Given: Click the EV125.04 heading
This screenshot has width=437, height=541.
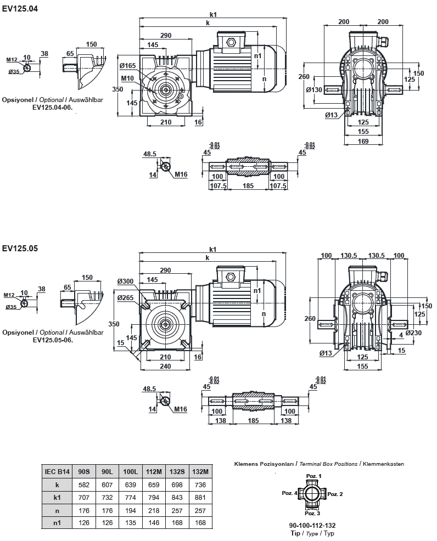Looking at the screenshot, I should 20,9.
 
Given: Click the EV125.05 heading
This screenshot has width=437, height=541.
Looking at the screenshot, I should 20,248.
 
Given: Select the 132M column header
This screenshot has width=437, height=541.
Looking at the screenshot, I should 201,471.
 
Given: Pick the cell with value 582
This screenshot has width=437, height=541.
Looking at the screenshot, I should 85,484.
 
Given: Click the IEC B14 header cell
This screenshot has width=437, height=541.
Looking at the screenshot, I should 57,471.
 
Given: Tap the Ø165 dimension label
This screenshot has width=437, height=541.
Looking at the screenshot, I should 127,66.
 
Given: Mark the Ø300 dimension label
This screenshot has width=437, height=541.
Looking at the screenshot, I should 125,281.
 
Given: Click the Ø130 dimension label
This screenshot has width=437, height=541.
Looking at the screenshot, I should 314,90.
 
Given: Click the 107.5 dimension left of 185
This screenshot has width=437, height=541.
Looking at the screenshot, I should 218,186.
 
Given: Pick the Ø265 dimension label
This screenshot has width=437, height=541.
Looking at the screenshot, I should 125,298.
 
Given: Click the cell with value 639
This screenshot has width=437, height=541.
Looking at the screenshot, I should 131,484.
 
